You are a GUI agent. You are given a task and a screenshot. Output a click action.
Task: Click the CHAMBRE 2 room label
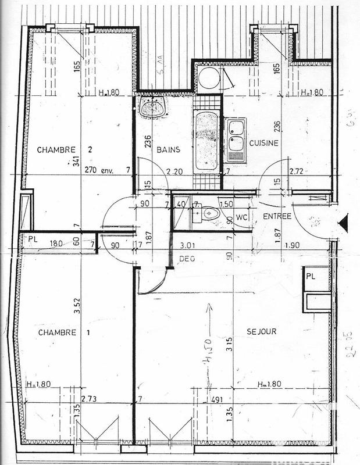tap(65, 149)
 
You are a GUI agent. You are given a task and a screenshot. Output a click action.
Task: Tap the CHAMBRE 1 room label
tap(65, 332)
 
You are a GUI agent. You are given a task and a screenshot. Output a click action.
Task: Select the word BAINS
tap(168, 149)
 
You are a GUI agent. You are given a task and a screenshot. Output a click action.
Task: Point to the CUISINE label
tap(264, 142)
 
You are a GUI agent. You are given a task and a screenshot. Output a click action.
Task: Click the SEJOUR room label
tap(261, 331)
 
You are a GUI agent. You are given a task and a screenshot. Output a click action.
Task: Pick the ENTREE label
tap(277, 216)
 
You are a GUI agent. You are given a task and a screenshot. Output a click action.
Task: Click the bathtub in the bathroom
tap(206, 140)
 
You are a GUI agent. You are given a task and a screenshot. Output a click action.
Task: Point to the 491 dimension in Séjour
tap(218, 399)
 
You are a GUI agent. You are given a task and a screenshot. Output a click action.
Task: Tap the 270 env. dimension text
tap(98, 171)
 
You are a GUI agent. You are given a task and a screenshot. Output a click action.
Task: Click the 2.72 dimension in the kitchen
tap(297, 171)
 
